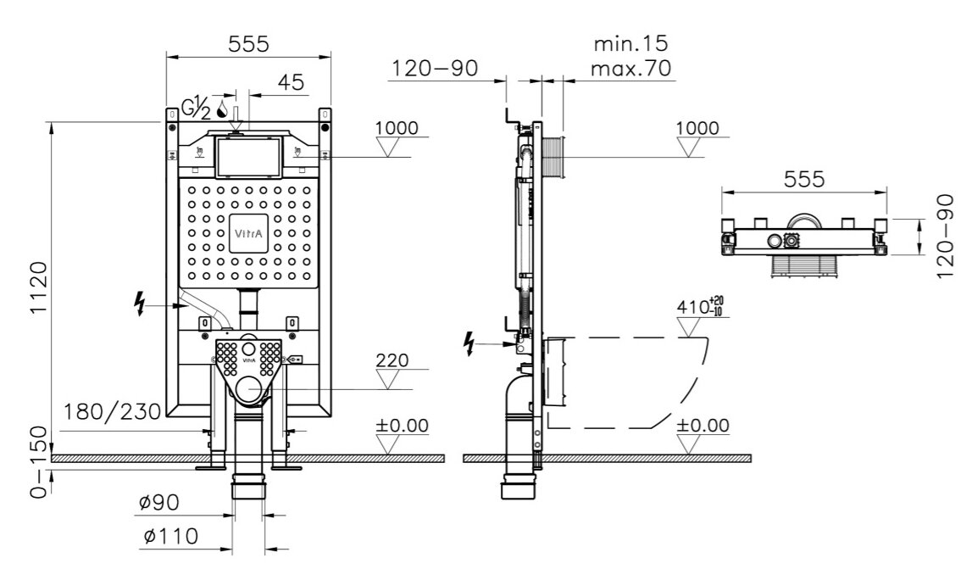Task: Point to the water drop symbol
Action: (222, 109)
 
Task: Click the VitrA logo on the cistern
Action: (248, 230)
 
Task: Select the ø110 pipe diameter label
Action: (169, 537)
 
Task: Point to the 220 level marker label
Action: (391, 360)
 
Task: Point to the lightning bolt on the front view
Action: (140, 303)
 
